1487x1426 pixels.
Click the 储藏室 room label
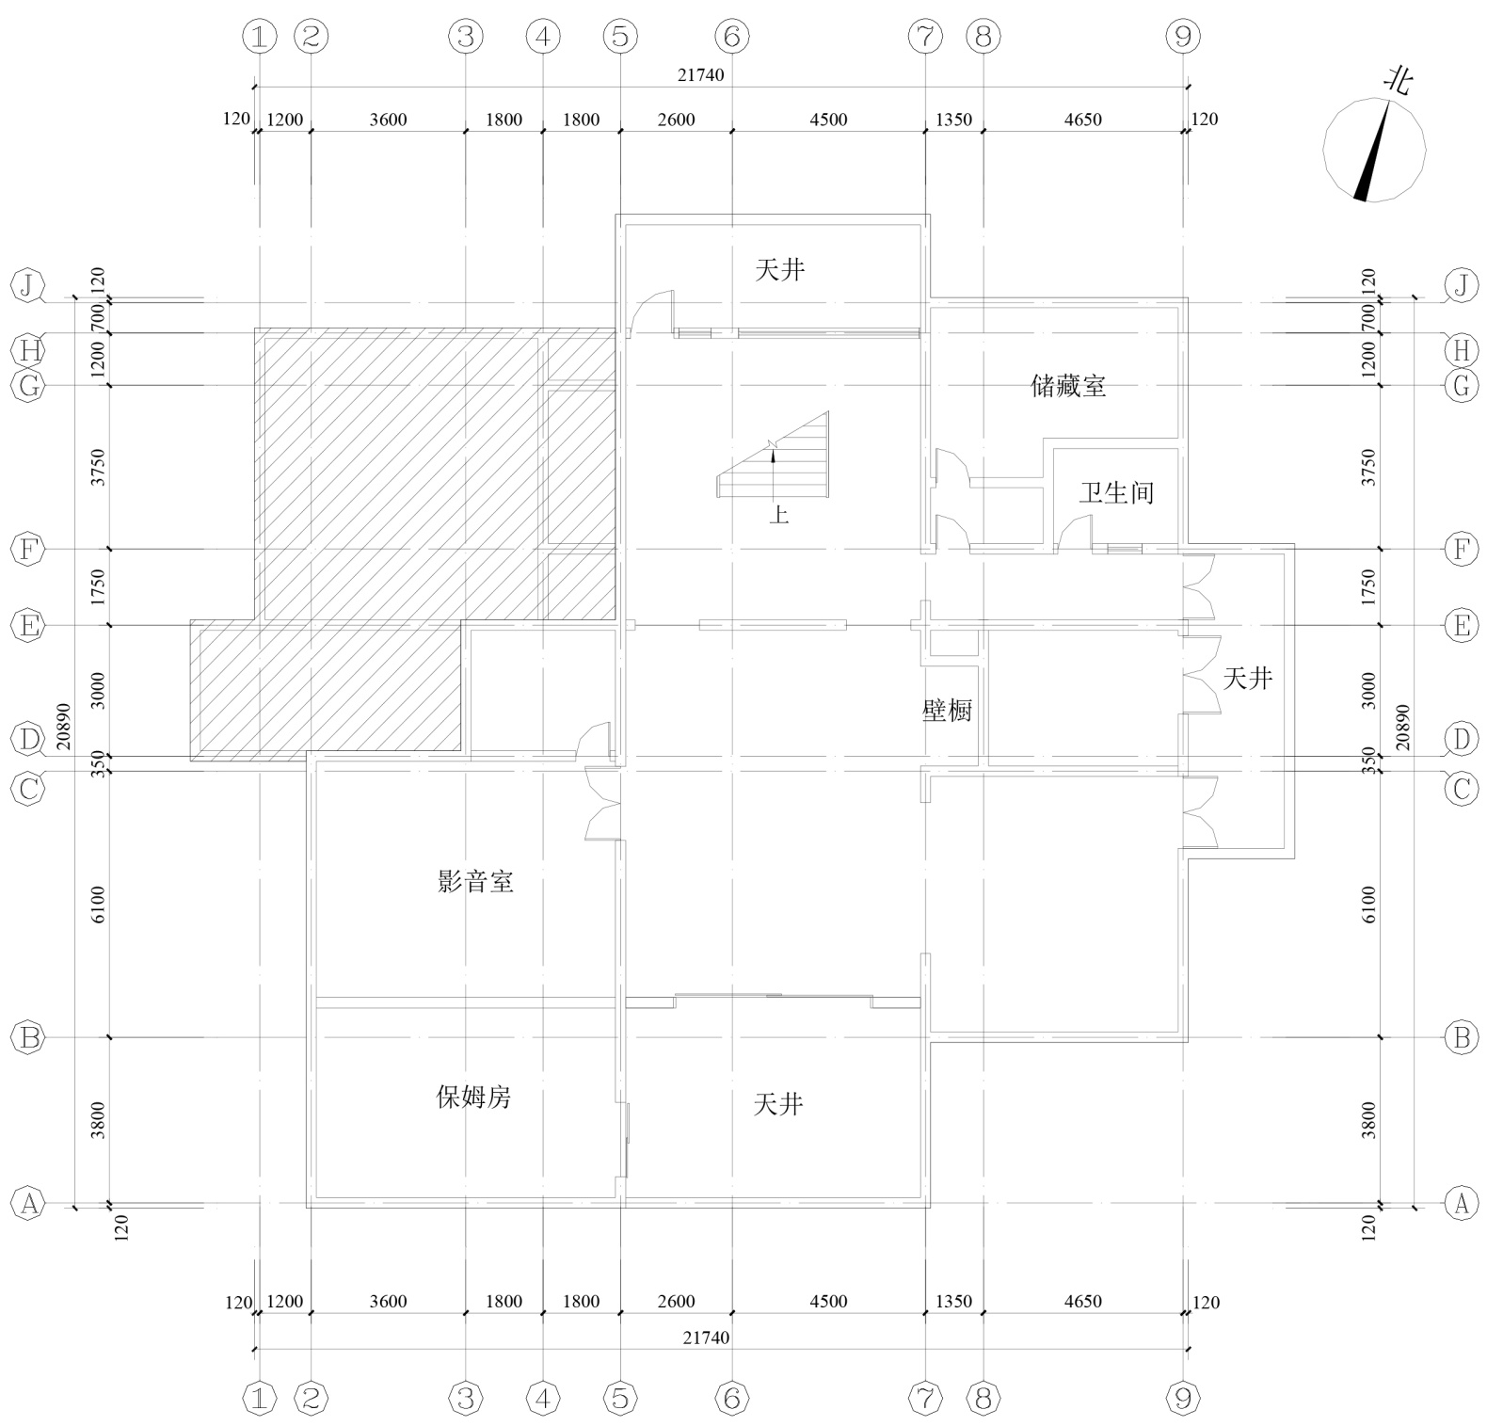(x=1068, y=386)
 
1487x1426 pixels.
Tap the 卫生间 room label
(x=1116, y=492)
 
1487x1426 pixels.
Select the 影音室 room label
(x=475, y=882)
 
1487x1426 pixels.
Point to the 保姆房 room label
(x=473, y=1097)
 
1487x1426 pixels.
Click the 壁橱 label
(x=947, y=711)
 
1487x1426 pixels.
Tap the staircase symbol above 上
(x=775, y=455)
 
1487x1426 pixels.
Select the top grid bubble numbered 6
(x=731, y=37)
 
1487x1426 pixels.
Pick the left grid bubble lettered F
(x=29, y=549)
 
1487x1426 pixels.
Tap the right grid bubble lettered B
(x=1461, y=1037)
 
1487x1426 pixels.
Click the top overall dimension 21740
(x=701, y=75)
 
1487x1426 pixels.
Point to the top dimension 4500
(x=828, y=120)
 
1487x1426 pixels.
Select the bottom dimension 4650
(x=1082, y=1302)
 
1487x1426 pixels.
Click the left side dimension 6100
(x=98, y=905)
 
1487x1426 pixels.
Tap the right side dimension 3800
(x=1368, y=1120)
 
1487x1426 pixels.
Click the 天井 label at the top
(x=780, y=270)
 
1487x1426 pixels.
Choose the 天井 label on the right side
(x=1248, y=678)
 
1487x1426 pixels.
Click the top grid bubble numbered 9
(x=1183, y=37)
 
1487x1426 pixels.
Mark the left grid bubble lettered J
(x=29, y=285)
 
